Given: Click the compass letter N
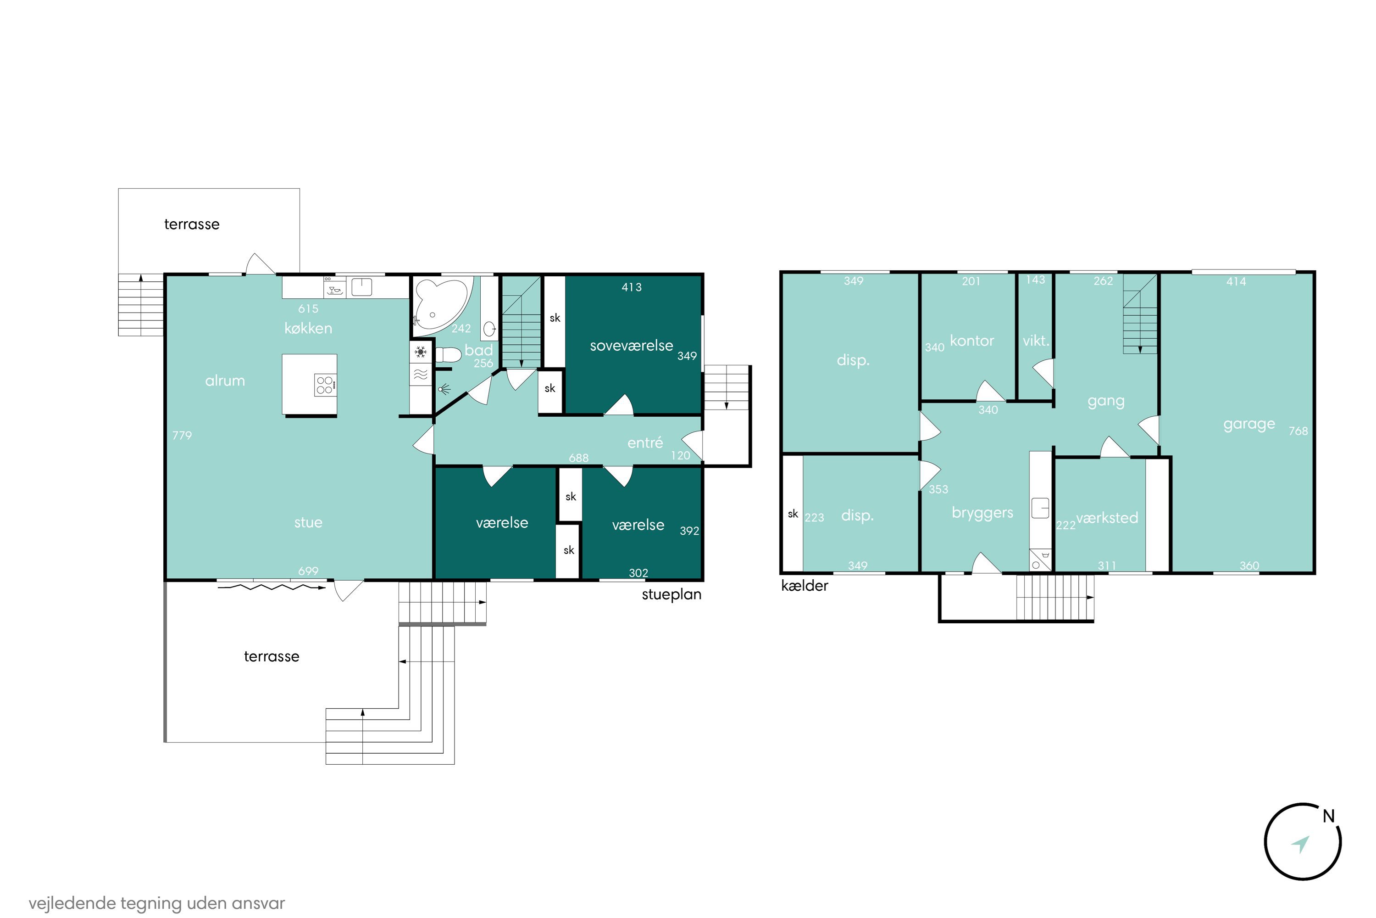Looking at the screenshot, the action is point(1329,816).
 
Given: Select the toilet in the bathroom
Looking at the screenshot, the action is point(448,355).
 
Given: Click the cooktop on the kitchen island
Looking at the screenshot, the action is point(325,385).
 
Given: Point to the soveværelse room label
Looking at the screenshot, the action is point(631,346).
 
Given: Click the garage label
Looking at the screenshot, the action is point(1249,425).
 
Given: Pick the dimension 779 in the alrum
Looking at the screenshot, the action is point(182,435).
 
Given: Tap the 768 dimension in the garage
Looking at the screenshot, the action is point(1298,431).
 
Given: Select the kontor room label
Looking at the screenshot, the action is point(972,341).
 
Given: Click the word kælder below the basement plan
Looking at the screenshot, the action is point(805,586).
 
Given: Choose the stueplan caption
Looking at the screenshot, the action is point(671,595).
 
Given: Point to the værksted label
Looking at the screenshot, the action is point(1107,518).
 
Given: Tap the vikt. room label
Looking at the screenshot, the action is point(1036,341).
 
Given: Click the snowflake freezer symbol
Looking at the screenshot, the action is point(420,353).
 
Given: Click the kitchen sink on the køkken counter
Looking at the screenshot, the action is point(361,287).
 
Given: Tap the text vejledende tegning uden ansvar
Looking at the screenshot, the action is point(157,903).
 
